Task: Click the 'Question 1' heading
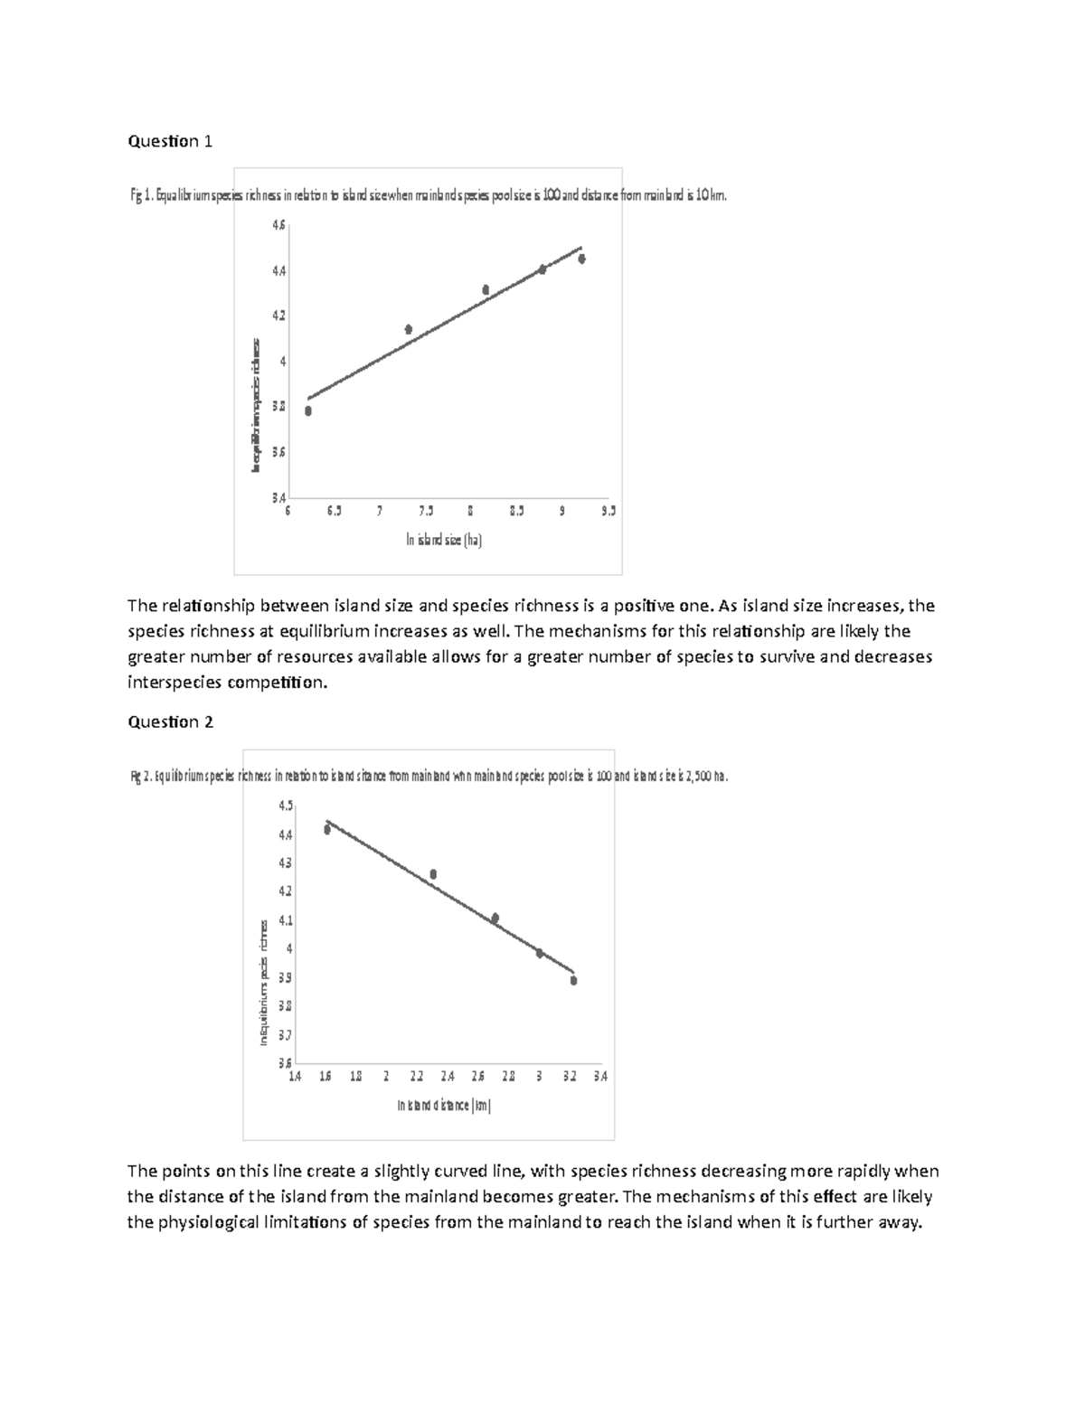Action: (170, 141)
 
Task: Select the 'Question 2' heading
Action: (170, 721)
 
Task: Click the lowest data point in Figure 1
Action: (308, 410)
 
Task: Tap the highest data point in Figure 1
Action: (582, 259)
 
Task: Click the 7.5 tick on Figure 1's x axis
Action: (425, 511)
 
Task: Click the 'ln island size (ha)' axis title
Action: (444, 541)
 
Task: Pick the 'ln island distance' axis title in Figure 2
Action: (444, 1105)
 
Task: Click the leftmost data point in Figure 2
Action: (327, 829)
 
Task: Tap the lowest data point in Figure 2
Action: (573, 980)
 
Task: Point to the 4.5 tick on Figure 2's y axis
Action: (286, 806)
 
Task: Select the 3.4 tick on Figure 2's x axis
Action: (600, 1077)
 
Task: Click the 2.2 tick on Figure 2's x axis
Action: (416, 1077)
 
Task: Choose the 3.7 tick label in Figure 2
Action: (286, 1034)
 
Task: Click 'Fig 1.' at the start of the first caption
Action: (142, 194)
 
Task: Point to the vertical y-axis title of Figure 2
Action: (264, 982)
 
